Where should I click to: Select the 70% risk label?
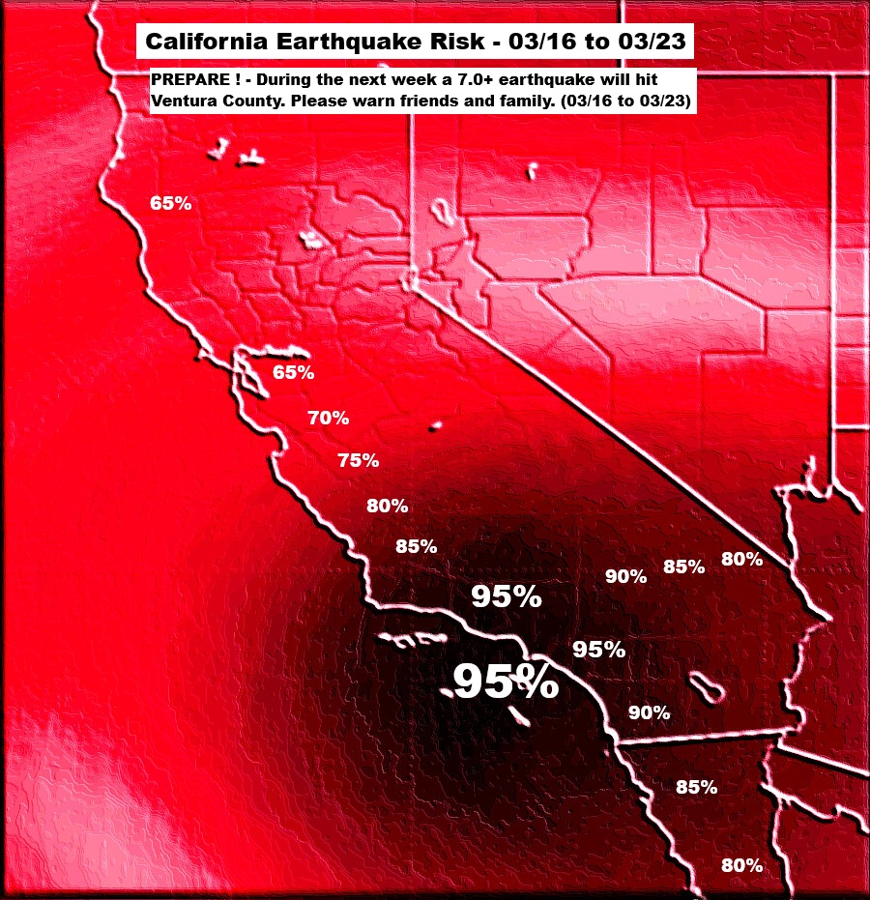pyautogui.click(x=329, y=419)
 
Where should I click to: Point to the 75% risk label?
pyautogui.click(x=358, y=460)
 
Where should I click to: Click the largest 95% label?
pyautogui.click(x=506, y=682)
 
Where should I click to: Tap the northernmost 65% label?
pyautogui.click(x=170, y=203)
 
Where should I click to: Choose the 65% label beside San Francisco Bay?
pyautogui.click(x=293, y=372)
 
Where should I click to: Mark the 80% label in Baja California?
pyautogui.click(x=742, y=865)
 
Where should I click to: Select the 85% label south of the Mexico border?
pyautogui.click(x=696, y=787)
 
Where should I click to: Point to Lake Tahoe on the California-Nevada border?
pyautogui.click(x=441, y=211)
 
